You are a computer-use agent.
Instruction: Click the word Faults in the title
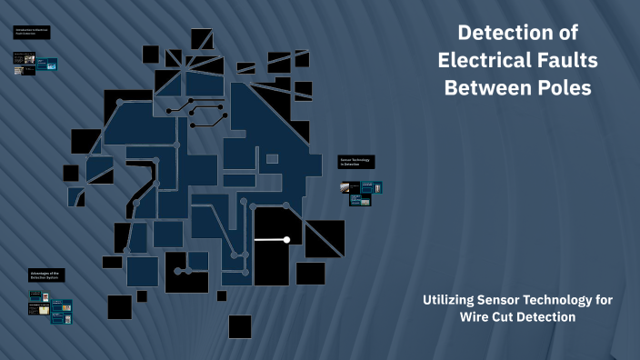[x=564, y=61]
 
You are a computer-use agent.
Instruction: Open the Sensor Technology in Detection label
[x=356, y=162]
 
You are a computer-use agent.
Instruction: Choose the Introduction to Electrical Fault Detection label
[x=32, y=34]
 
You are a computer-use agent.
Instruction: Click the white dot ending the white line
[x=286, y=240]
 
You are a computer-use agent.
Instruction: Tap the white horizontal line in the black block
[x=270, y=240]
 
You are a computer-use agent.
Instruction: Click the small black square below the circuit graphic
[x=239, y=326]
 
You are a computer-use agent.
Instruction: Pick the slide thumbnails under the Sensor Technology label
[x=361, y=193]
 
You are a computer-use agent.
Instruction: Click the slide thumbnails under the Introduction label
[x=35, y=64]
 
